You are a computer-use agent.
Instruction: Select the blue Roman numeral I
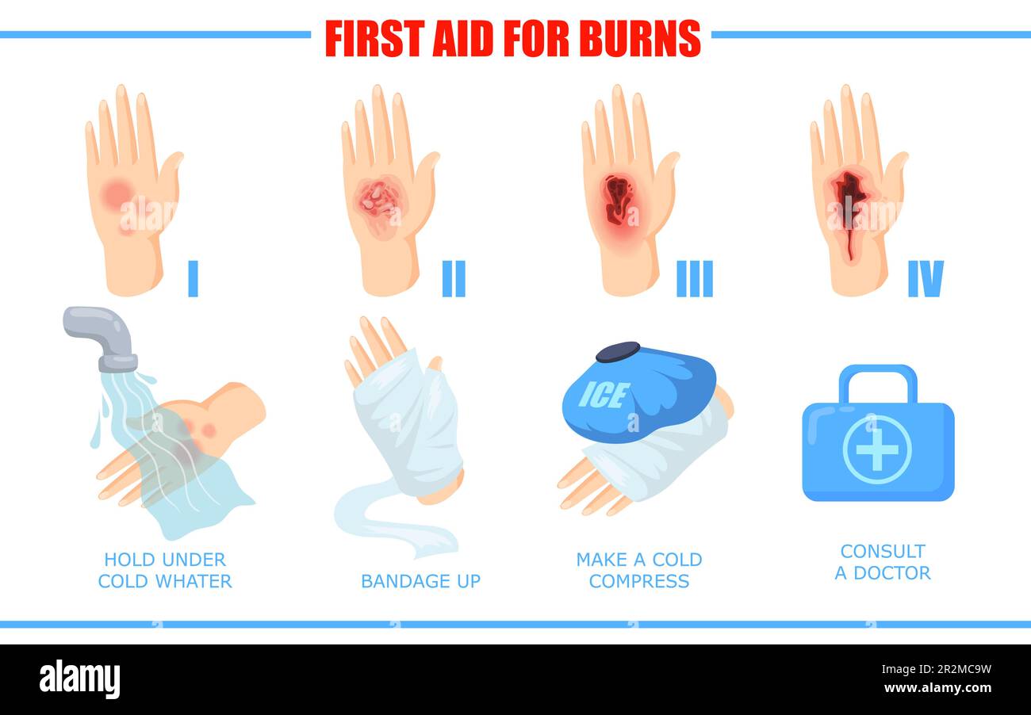(193, 278)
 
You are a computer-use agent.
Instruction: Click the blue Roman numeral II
(454, 278)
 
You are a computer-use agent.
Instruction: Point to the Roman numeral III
(695, 278)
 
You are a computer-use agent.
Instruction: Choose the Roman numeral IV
(926, 278)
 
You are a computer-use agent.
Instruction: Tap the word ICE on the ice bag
(604, 395)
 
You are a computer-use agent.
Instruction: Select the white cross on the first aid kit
(876, 449)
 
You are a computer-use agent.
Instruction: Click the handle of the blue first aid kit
(878, 379)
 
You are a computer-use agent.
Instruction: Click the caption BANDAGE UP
(420, 581)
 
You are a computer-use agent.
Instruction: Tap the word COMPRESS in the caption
(639, 581)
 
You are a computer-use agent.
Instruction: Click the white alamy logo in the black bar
(80, 679)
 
